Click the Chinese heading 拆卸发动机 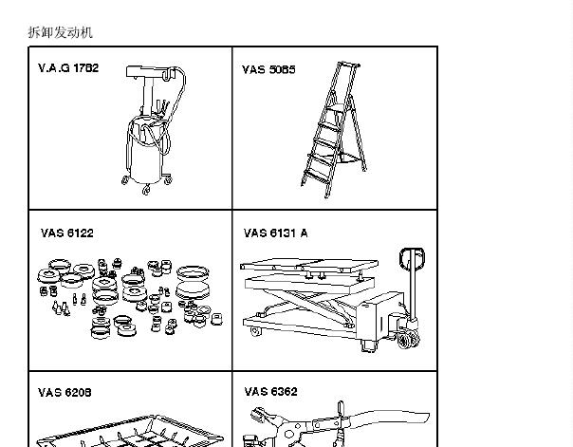point(61,32)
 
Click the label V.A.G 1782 point(68,68)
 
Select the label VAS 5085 point(268,69)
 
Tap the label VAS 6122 point(67,233)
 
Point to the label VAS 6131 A point(275,233)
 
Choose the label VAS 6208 point(65,392)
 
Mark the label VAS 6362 point(270,391)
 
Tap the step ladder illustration point(333,129)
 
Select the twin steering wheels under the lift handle point(408,339)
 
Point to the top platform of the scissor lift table point(308,266)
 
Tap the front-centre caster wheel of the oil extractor point(146,190)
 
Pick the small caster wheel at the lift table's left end point(256,332)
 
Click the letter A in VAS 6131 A point(304,233)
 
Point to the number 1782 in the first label point(86,68)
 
